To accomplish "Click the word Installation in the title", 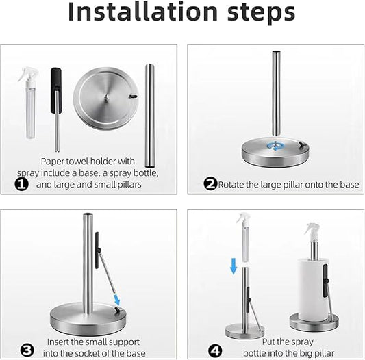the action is click(143, 12).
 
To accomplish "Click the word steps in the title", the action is click(261, 14).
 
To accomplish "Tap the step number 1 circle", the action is click(22, 184).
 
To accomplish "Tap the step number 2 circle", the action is click(210, 183).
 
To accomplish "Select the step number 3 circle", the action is click(27, 350).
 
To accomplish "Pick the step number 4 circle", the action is click(215, 350).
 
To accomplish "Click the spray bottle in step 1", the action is click(29, 103).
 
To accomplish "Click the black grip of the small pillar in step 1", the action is click(56, 90).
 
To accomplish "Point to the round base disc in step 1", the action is click(106, 99).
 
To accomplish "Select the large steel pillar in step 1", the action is click(150, 116).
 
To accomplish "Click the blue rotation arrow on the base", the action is click(275, 146).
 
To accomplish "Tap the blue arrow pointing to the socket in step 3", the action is click(117, 300).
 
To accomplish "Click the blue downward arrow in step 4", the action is click(234, 266).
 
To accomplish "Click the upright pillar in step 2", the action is click(276, 93).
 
